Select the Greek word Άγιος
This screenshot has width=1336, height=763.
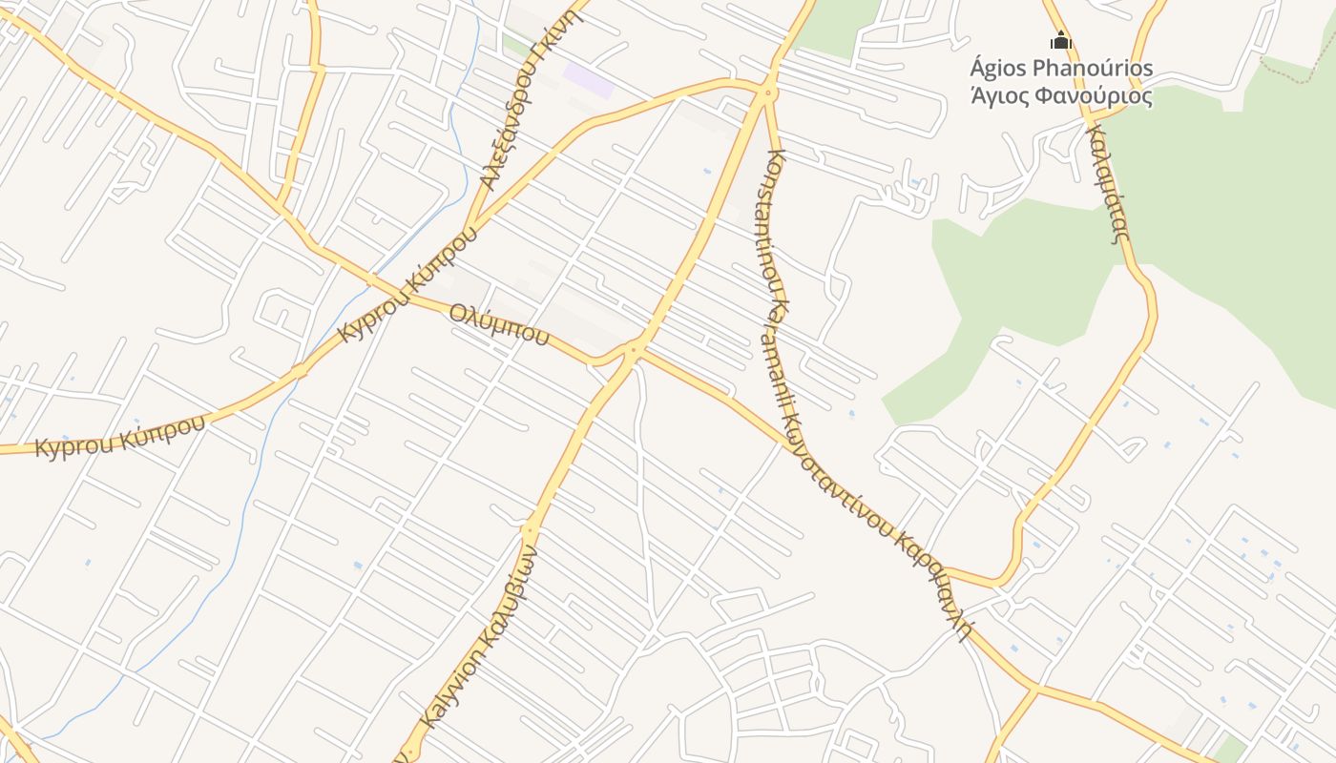pyautogui.click(x=999, y=95)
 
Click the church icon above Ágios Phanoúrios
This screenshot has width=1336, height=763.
pyautogui.click(x=1061, y=41)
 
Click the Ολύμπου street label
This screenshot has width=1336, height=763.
pyautogui.click(x=498, y=323)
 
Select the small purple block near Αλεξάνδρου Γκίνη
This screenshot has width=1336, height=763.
pyautogui.click(x=587, y=80)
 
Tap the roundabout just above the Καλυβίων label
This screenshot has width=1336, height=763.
pyautogui.click(x=528, y=527)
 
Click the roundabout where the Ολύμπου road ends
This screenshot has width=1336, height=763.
pyautogui.click(x=633, y=350)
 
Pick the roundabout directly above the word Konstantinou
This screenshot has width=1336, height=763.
pyautogui.click(x=768, y=93)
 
